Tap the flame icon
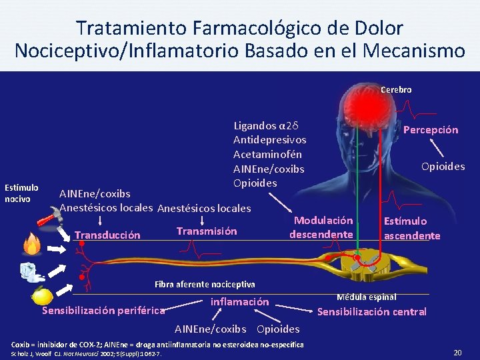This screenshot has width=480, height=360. [32, 245]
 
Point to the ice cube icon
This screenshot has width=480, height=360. [31, 270]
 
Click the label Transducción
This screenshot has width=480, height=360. [107, 235]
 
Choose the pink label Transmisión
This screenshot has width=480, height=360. [206, 231]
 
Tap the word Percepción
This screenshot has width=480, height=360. [431, 130]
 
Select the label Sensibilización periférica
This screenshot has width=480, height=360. [103, 310]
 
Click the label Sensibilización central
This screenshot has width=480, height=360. [371, 311]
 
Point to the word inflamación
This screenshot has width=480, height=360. [239, 302]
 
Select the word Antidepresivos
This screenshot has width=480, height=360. [270, 139]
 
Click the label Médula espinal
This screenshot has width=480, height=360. [366, 297]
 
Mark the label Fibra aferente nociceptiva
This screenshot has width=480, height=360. [205, 284]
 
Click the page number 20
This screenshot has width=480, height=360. [457, 351]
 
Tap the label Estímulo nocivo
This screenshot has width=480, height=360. [21, 193]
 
